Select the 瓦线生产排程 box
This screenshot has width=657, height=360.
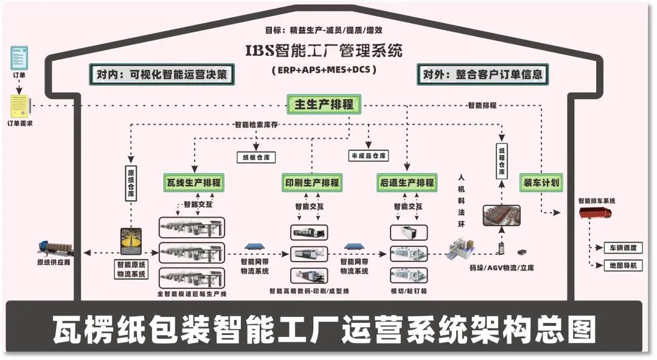pyautogui.click(x=194, y=182)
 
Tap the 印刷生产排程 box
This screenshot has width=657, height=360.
pyautogui.click(x=312, y=182)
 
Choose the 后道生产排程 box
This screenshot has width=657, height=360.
pyautogui.click(x=407, y=182)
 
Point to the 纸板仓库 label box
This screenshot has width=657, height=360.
pyautogui.click(x=256, y=157)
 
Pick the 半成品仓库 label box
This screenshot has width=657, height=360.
pyautogui.click(x=367, y=156)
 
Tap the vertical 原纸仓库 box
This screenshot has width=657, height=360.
pyautogui.click(x=131, y=182)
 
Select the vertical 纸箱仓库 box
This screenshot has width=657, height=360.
pyautogui.click(x=502, y=161)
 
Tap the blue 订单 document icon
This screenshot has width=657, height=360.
pyautogui.click(x=19, y=58)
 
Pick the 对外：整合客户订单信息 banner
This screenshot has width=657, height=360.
pyautogui.click(x=482, y=74)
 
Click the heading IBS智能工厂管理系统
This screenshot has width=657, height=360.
pyautogui.click(x=324, y=50)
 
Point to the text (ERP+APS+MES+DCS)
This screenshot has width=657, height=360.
pyautogui.click(x=324, y=69)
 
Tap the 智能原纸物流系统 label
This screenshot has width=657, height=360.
pyautogui.click(x=131, y=269)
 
